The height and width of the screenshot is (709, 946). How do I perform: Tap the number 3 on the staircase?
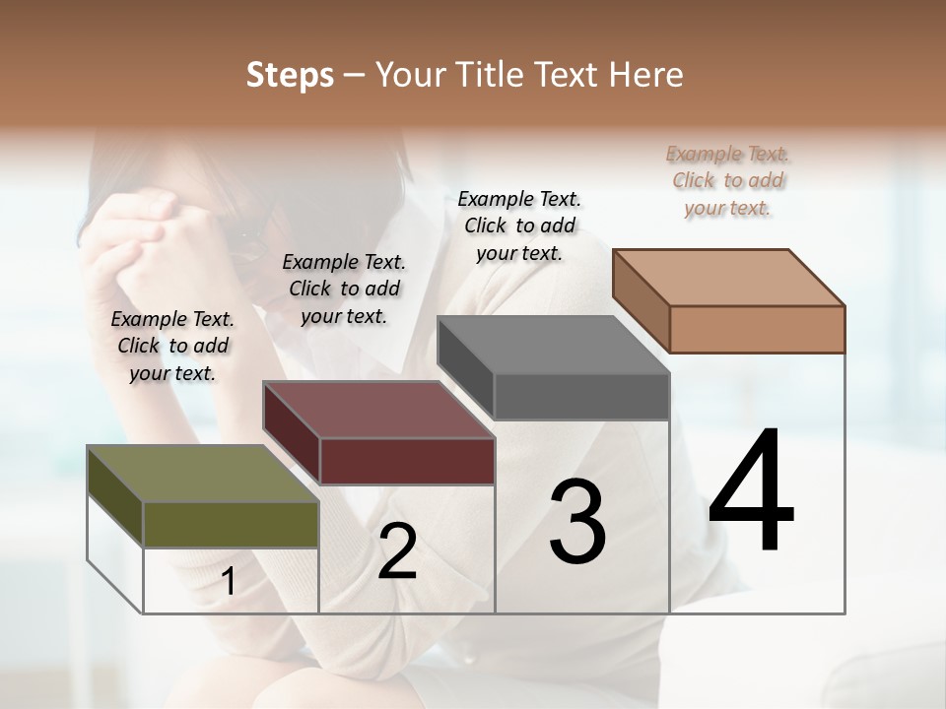tap(577, 521)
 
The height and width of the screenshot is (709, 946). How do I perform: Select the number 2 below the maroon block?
tap(397, 551)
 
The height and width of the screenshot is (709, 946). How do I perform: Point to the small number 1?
tap(228, 582)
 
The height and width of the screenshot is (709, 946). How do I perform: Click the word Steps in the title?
tap(290, 75)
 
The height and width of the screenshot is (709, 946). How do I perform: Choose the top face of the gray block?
tap(553, 345)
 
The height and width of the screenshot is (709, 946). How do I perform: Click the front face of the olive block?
tap(231, 524)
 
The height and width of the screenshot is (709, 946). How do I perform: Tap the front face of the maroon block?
tap(406, 461)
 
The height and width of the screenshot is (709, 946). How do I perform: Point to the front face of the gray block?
tap(581, 397)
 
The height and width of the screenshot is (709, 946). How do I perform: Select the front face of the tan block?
tap(757, 329)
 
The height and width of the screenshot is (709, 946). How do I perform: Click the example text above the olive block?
tap(172, 346)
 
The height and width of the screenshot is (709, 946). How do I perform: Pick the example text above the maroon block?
tap(344, 289)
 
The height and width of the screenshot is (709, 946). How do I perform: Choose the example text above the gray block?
tap(519, 226)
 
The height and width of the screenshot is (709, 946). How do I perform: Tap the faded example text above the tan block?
tap(727, 180)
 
